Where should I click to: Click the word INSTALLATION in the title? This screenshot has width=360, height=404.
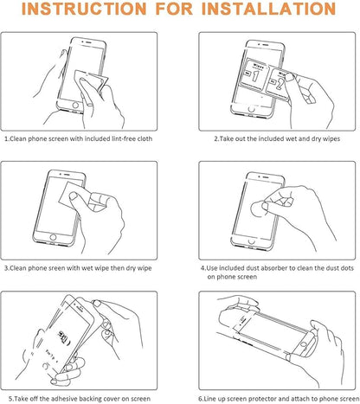268,9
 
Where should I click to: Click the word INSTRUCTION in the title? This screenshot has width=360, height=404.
84,9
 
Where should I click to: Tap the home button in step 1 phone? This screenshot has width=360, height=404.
75,105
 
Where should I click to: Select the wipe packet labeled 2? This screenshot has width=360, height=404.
280,83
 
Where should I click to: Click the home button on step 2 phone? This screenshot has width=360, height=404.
252,109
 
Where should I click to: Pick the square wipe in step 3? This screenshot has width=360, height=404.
72,194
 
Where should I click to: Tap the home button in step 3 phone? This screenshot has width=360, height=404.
53,237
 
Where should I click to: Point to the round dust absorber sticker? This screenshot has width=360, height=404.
258,209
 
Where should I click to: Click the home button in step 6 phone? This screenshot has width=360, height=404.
303,344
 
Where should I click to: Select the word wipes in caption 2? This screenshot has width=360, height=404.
331,138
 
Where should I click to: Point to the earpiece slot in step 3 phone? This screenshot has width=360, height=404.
67,175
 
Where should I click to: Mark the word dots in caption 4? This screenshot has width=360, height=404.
347,268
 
